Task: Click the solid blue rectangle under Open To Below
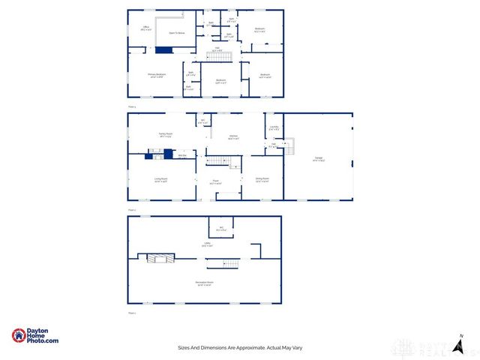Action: click(x=163, y=49)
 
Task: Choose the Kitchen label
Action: click(x=233, y=137)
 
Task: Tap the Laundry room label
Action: click(x=274, y=128)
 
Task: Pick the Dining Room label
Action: click(x=262, y=179)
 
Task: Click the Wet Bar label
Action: click(x=181, y=155)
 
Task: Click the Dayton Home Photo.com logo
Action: click(x=35, y=337)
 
